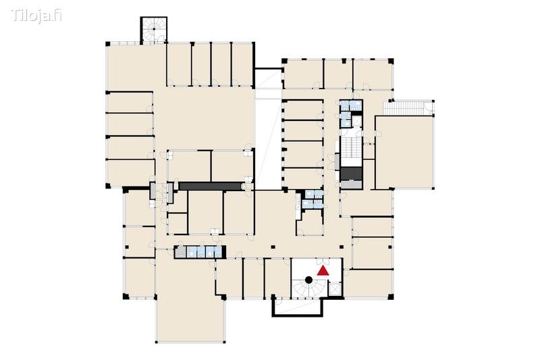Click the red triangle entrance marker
(323, 272)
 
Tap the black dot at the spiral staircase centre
(309, 280)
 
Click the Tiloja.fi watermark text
(36, 16)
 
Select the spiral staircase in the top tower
(154, 30)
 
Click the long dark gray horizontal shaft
(210, 186)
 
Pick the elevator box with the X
(335, 288)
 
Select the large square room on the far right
(404, 152)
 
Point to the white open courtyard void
(268, 144)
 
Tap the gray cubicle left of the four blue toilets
(180, 252)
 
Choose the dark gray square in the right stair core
(351, 174)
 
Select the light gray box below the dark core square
(351, 184)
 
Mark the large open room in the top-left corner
(136, 67)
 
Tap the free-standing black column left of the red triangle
(273, 247)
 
